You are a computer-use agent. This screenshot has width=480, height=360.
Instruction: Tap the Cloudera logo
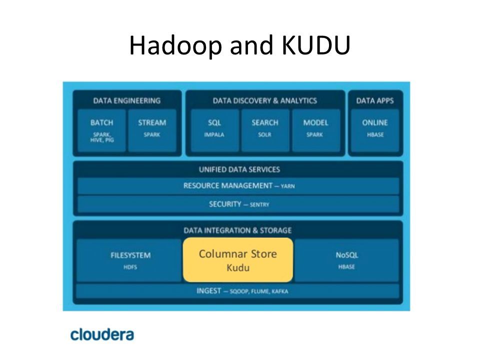[x=102, y=333]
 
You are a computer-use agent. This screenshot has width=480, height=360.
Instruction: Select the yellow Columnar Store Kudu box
[x=237, y=260]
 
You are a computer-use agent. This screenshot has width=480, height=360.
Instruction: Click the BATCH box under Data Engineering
[x=102, y=129]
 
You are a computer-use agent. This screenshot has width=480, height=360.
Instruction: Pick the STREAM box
[x=152, y=129]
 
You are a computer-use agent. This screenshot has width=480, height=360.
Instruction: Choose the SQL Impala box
[x=214, y=129]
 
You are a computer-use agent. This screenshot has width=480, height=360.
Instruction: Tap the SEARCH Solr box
[x=265, y=129]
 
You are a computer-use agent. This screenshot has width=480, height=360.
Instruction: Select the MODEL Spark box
[x=315, y=129]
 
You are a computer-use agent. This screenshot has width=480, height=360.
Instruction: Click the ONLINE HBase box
[x=374, y=129]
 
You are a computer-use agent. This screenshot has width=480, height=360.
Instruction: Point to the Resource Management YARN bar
[x=238, y=186]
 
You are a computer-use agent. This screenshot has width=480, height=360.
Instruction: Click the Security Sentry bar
[x=238, y=204]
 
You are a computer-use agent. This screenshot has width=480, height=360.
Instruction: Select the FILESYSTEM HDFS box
[x=130, y=260]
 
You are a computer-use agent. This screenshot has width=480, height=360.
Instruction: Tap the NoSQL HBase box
[x=347, y=260]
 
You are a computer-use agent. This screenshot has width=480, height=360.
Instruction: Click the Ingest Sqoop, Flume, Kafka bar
[x=238, y=291]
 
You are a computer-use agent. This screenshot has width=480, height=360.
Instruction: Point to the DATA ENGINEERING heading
[x=127, y=100]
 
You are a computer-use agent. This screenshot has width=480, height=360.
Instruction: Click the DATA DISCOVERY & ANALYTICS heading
[x=265, y=100]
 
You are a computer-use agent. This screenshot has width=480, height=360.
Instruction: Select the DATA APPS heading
[x=374, y=100]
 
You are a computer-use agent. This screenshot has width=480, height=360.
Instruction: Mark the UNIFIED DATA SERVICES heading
[x=238, y=169]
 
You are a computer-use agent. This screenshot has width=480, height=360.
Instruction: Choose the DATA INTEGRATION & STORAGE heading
[x=238, y=230]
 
